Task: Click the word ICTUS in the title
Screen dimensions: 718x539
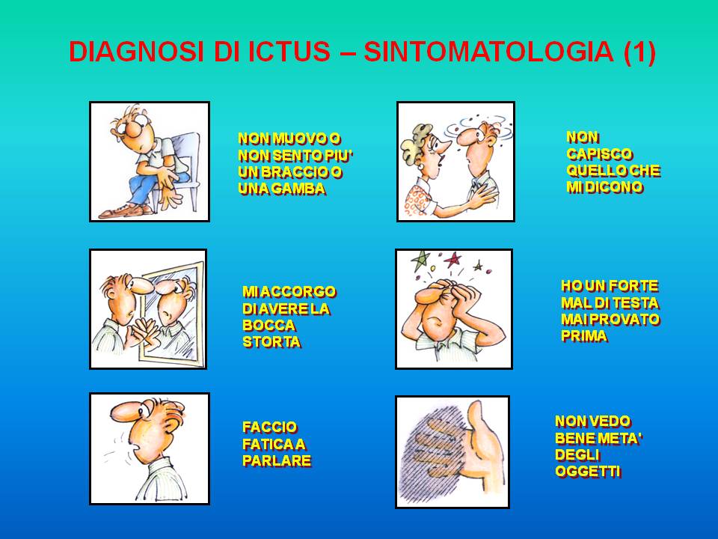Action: tap(289, 52)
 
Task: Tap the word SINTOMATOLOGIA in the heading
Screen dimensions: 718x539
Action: tap(488, 52)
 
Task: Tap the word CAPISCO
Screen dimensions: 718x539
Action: tap(599, 154)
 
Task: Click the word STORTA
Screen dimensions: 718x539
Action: tap(271, 342)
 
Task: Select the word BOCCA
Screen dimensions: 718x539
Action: tap(269, 326)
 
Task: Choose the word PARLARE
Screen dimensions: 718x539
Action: tap(277, 460)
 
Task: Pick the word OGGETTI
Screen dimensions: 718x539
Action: tap(588, 471)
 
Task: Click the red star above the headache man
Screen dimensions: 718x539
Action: tap(453, 260)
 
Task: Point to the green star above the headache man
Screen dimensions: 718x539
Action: tap(420, 261)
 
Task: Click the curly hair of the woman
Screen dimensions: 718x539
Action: tap(415, 140)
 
